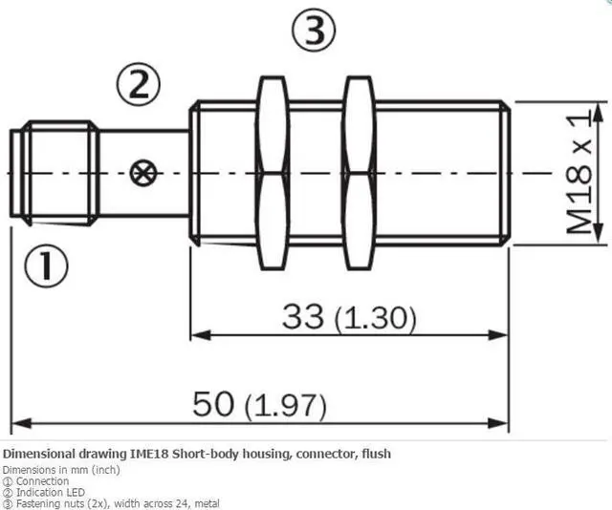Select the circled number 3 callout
(314, 31)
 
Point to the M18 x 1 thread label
(579, 173)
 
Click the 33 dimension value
(304, 317)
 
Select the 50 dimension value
(214, 404)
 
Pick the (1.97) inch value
(285, 406)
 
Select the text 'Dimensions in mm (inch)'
(61, 469)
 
